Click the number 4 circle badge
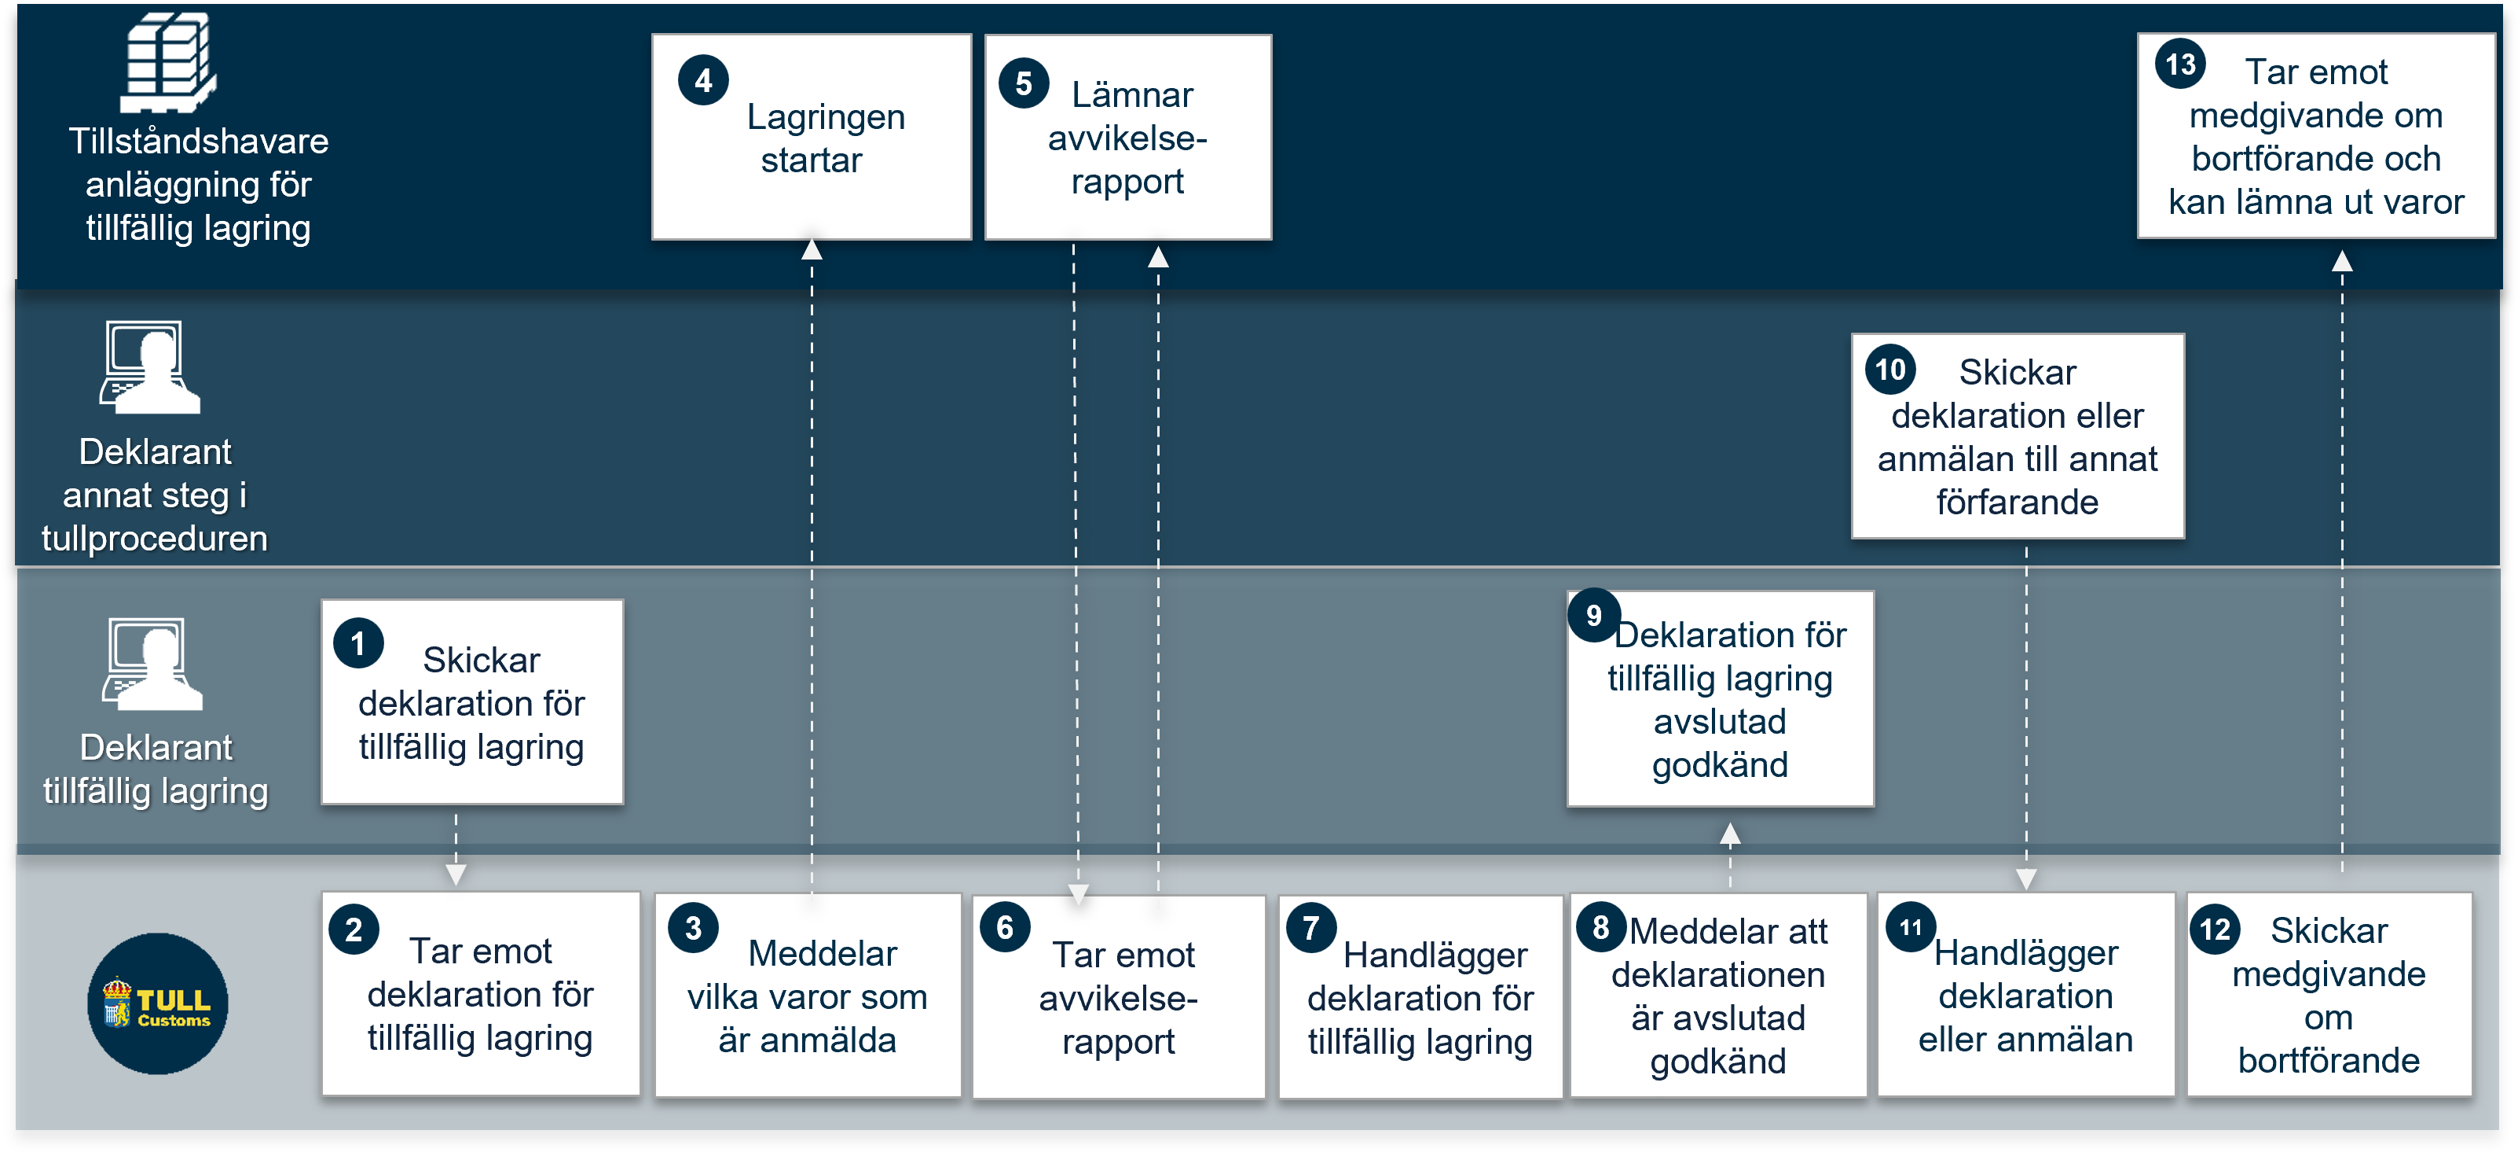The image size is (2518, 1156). (x=703, y=81)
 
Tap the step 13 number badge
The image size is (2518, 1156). (x=2180, y=64)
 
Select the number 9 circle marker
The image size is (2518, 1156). (x=1593, y=615)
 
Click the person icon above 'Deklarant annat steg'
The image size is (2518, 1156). (x=151, y=366)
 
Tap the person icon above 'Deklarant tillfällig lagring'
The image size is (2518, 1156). (x=152, y=663)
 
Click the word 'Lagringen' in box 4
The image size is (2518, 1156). (x=826, y=117)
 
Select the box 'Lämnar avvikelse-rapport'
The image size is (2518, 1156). (x=1128, y=137)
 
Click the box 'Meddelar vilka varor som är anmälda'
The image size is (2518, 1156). (x=808, y=995)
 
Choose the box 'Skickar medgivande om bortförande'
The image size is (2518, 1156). (x=2329, y=994)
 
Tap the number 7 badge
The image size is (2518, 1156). (x=1310, y=928)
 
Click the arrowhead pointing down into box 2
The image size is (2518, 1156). (x=456, y=875)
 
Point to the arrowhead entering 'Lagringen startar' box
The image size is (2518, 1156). (x=812, y=249)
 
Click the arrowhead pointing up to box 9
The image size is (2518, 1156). (x=1730, y=834)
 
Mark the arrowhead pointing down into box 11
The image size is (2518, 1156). (x=2026, y=879)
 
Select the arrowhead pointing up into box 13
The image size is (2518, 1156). (x=2342, y=261)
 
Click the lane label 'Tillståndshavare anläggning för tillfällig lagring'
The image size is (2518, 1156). (x=199, y=184)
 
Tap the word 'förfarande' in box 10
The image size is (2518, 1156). (x=2018, y=502)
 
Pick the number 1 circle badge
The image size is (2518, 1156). (x=357, y=643)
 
